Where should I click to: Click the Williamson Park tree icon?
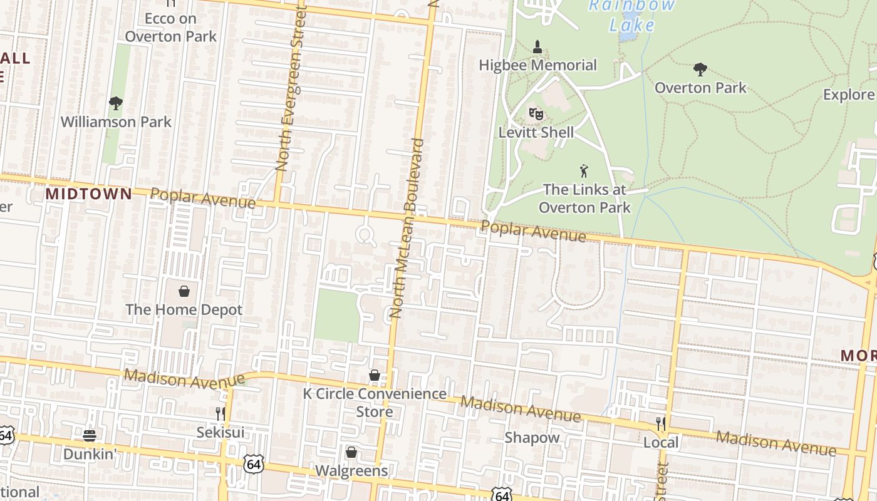[115, 103]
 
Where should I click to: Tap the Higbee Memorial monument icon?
[537, 46]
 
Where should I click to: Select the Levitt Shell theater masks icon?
[536, 113]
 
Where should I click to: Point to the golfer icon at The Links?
[584, 170]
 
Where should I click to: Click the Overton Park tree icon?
[700, 69]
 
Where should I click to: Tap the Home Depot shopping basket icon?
[184, 291]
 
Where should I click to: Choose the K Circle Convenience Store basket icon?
[375, 375]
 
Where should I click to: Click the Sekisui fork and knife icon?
[221, 413]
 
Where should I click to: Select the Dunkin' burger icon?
[90, 435]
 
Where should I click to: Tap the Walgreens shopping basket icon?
[351, 452]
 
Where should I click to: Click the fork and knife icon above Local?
[660, 423]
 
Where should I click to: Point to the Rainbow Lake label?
[633, 16]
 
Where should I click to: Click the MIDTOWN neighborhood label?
[89, 194]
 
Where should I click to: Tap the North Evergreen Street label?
[289, 88]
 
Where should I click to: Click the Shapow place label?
[532, 438]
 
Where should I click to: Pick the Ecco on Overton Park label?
[170, 28]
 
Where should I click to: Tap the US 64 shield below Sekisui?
[254, 464]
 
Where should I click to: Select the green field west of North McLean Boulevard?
[337, 316]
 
